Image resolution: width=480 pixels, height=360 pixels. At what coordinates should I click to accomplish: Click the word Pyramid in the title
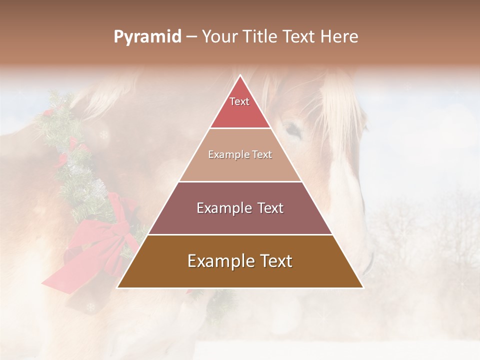coord(147,37)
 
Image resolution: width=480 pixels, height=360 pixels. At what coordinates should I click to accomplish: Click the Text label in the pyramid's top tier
coord(239,101)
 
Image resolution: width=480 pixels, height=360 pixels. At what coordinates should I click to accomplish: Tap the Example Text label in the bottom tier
coord(240,261)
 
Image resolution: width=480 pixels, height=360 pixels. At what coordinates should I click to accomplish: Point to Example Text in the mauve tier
coord(240,208)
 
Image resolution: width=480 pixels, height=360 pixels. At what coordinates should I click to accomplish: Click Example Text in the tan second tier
coord(240,154)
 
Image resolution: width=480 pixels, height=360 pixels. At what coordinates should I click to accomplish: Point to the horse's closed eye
coord(294,131)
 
